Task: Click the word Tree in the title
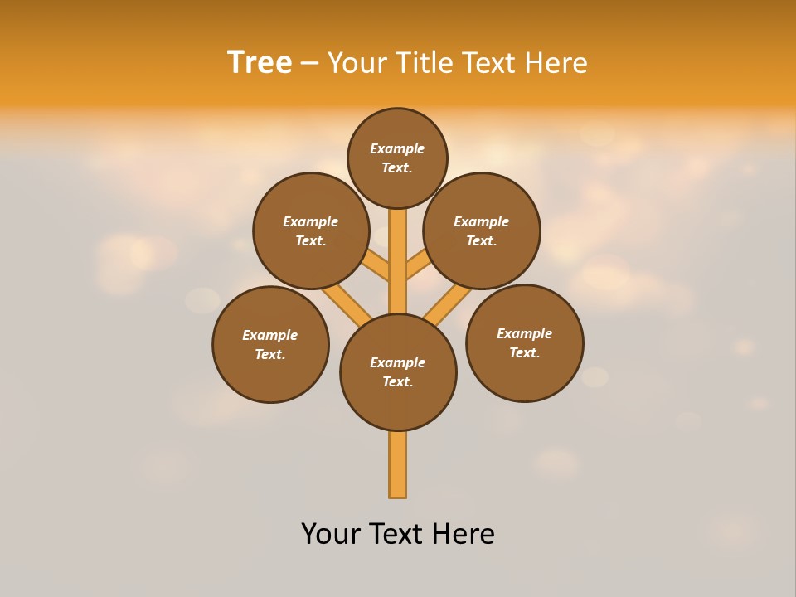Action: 260,63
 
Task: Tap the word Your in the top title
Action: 357,63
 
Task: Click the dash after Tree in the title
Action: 309,64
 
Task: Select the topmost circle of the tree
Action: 397,158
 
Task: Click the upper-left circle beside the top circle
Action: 311,231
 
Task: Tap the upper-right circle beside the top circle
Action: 482,231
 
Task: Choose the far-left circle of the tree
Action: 270,344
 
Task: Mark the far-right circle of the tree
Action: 524,342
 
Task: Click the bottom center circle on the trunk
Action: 398,372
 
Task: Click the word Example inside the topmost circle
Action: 397,148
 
